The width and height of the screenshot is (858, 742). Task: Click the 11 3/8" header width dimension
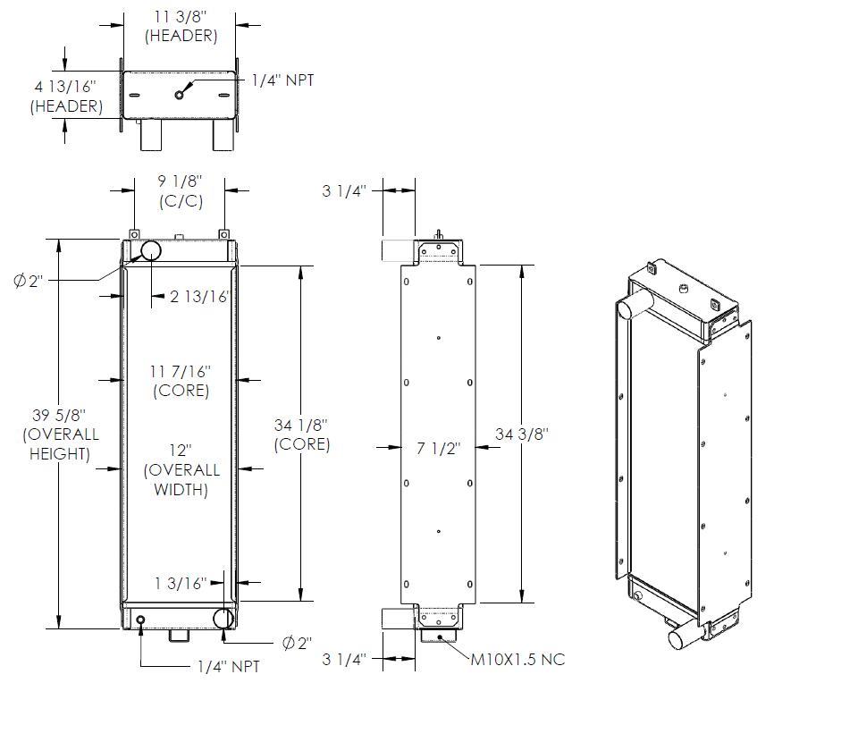point(181,16)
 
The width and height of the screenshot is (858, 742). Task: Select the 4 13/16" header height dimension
point(64,87)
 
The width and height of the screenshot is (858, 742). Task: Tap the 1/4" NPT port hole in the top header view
point(180,95)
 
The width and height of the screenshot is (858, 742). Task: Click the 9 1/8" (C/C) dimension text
point(181,181)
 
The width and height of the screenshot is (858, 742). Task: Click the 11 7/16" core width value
point(181,370)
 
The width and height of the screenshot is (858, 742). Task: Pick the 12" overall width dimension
point(181,450)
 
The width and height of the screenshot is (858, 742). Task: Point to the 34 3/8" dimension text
point(522,434)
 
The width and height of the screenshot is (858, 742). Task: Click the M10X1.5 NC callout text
point(517,660)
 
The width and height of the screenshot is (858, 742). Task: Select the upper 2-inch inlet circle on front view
point(147,249)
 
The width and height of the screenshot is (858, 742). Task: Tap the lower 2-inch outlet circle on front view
point(223,618)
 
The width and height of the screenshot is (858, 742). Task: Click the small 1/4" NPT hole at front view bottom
point(140,619)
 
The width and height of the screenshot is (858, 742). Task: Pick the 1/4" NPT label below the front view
point(228,667)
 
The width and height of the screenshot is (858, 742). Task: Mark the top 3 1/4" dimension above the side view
point(344,190)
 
